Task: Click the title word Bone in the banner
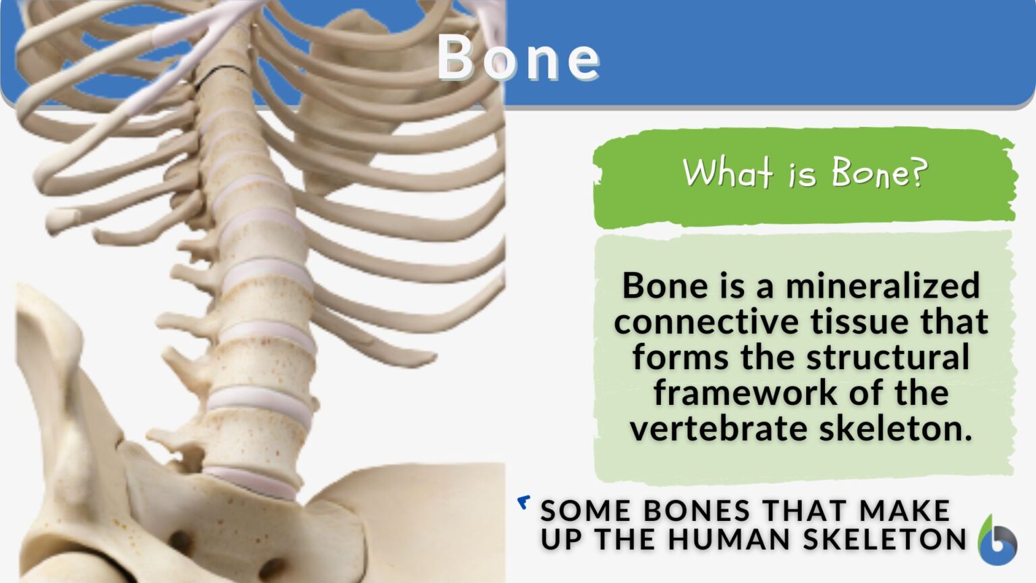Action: point(518,58)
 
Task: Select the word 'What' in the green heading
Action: point(727,173)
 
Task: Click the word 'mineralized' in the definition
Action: point(882,285)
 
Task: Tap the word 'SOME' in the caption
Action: point(585,511)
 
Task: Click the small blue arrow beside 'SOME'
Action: point(523,502)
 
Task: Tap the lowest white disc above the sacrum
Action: point(253,481)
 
